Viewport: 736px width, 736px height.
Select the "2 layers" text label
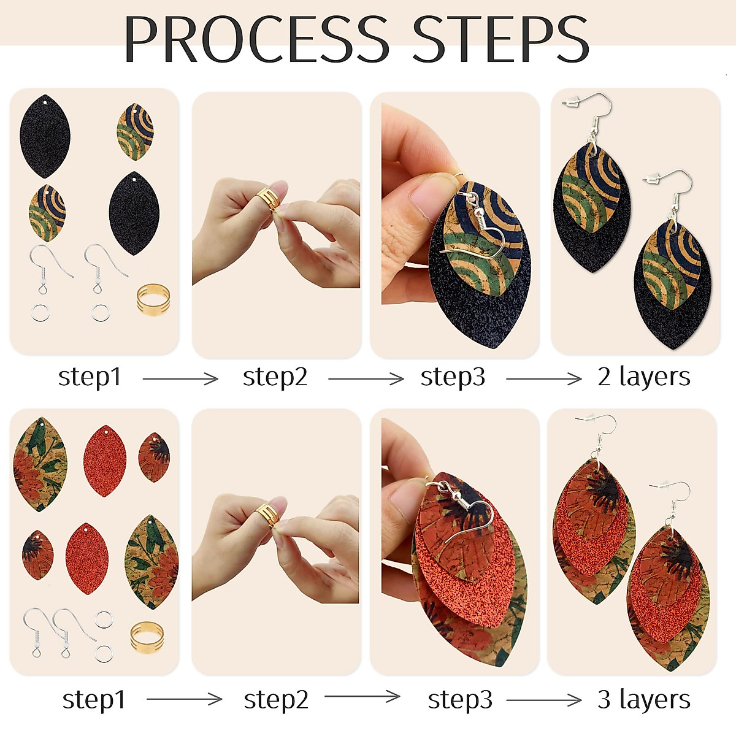643,377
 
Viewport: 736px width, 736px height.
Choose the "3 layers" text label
643,699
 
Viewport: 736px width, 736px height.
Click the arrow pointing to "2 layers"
543,379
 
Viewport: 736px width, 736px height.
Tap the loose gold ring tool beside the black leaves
150,299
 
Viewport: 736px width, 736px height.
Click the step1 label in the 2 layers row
90,377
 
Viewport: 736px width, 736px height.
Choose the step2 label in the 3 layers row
276,699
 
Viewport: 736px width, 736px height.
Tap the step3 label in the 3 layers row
460,699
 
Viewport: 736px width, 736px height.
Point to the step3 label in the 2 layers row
453,377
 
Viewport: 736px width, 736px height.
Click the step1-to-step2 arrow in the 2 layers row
180,379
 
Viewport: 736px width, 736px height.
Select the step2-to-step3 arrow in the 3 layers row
362,696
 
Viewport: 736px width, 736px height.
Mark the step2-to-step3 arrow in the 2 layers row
366,379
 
